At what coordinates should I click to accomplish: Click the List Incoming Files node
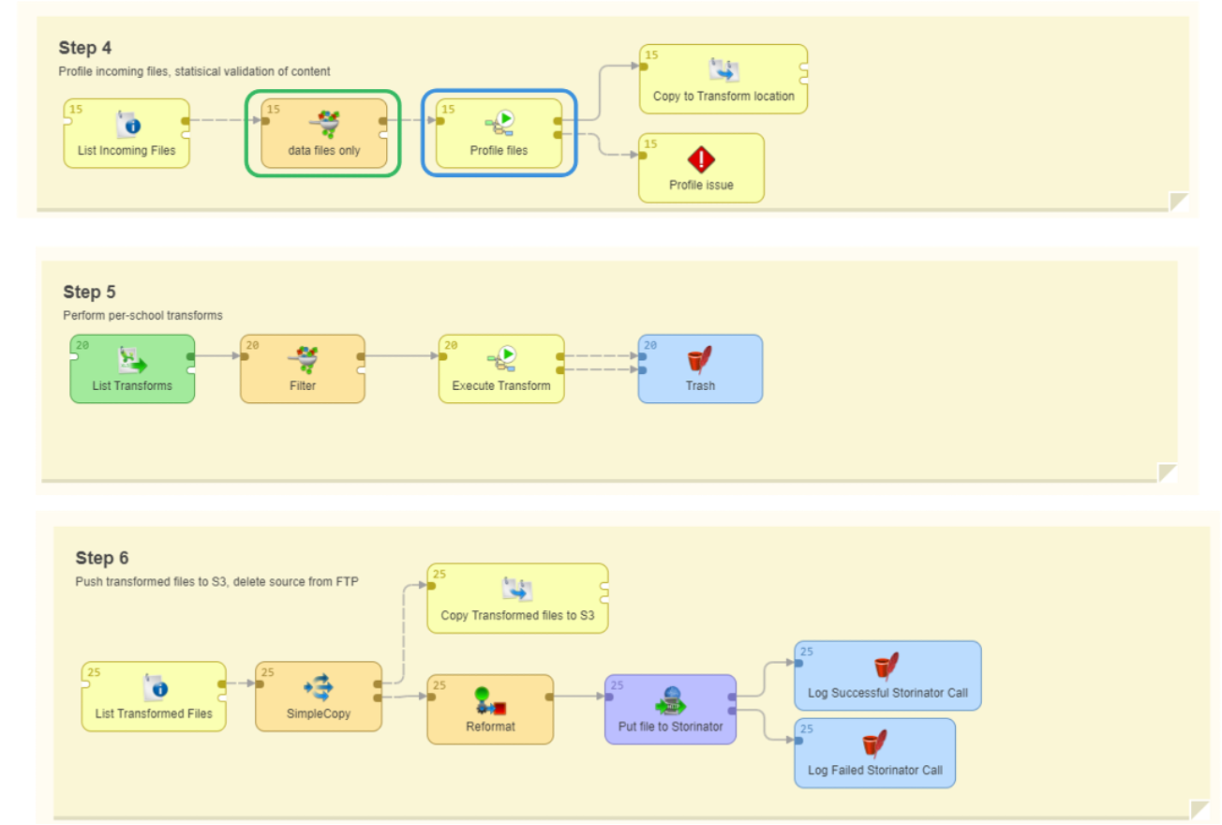(127, 133)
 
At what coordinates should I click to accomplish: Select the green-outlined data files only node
(324, 133)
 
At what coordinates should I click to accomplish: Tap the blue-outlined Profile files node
(499, 133)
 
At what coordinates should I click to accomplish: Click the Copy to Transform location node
(723, 80)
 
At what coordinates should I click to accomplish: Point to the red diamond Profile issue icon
(701, 158)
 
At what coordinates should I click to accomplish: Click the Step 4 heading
(85, 48)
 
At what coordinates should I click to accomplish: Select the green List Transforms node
(132, 368)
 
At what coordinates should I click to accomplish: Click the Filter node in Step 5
(302, 368)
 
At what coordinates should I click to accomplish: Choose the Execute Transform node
(501, 368)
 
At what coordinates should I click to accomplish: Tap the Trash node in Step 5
(700, 368)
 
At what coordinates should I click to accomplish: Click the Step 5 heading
(89, 292)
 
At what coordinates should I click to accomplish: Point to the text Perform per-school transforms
(142, 315)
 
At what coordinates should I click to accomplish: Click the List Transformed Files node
(154, 697)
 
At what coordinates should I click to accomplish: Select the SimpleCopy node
(319, 697)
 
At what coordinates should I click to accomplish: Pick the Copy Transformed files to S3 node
(517, 598)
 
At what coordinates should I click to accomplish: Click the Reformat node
(490, 709)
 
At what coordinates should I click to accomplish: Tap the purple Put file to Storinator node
(670, 709)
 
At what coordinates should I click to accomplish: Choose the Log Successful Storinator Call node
(887, 676)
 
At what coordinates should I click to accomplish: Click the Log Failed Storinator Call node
(874, 753)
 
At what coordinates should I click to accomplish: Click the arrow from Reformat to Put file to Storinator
(579, 697)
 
